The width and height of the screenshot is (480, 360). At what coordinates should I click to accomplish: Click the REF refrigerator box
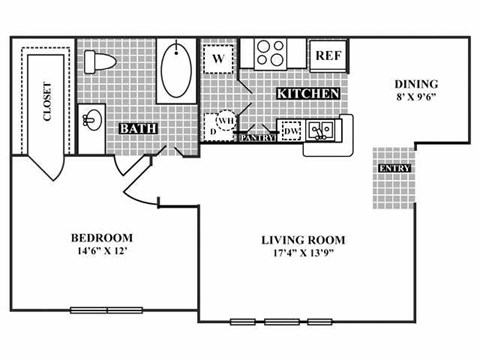pos(327,55)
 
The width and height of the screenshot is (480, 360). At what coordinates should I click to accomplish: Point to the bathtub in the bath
pos(179,68)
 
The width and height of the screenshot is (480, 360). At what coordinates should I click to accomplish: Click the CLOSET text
pos(46,102)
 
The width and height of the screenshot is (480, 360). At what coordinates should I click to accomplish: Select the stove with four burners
pos(271,53)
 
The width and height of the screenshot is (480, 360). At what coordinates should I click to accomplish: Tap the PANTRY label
pos(257,137)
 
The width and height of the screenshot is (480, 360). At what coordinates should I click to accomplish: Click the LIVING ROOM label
pos(303,240)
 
